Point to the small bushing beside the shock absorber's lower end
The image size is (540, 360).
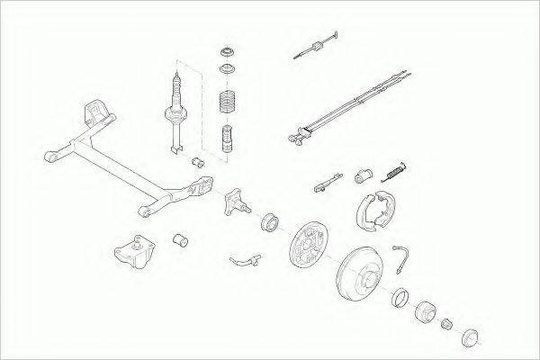click(x=199, y=161)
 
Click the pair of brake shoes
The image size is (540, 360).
click(x=371, y=210)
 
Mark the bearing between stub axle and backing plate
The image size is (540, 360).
click(x=271, y=220)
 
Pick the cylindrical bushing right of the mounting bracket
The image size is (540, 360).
click(x=179, y=241)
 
